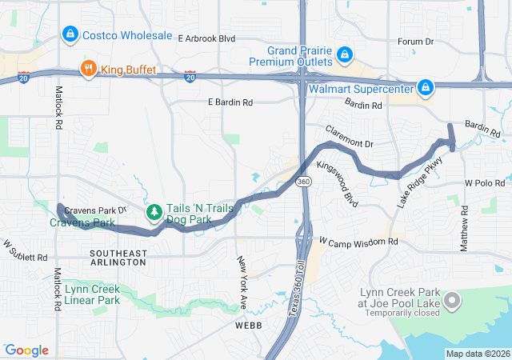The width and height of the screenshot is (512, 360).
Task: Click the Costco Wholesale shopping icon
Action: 70,35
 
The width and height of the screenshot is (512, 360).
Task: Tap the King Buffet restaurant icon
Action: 88,70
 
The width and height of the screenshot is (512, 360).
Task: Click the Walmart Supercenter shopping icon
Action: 425,88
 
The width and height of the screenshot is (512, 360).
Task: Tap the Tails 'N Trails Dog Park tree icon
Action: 154,213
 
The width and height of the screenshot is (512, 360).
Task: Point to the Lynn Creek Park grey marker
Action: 452,302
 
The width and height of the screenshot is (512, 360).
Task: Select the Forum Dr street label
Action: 415,42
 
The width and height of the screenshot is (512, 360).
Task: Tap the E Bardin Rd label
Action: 230,102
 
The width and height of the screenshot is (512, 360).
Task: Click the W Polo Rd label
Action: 484,183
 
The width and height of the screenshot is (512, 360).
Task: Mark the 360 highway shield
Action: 304,182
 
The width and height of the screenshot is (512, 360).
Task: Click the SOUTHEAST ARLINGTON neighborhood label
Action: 118,258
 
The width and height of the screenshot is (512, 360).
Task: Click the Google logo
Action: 26,350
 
